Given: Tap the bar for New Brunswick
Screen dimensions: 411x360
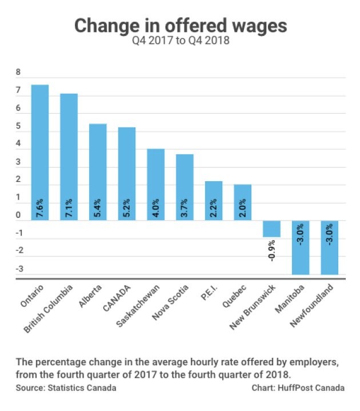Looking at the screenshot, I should coord(271,229).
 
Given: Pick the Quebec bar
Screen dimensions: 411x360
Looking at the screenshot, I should coord(242,202).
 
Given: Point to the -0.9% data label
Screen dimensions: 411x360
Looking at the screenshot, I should coord(272,249).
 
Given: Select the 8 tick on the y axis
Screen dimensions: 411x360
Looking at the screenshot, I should coord(18,73).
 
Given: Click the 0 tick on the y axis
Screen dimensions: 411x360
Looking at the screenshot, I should coord(18,216).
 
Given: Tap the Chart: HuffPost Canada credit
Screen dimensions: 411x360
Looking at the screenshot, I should coord(298,388).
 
